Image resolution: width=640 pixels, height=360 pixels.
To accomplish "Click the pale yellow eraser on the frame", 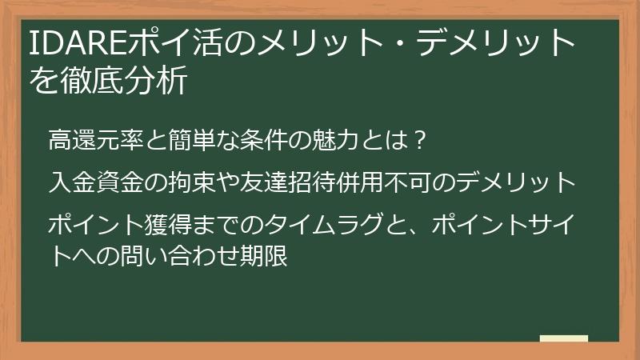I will click(563, 339).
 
